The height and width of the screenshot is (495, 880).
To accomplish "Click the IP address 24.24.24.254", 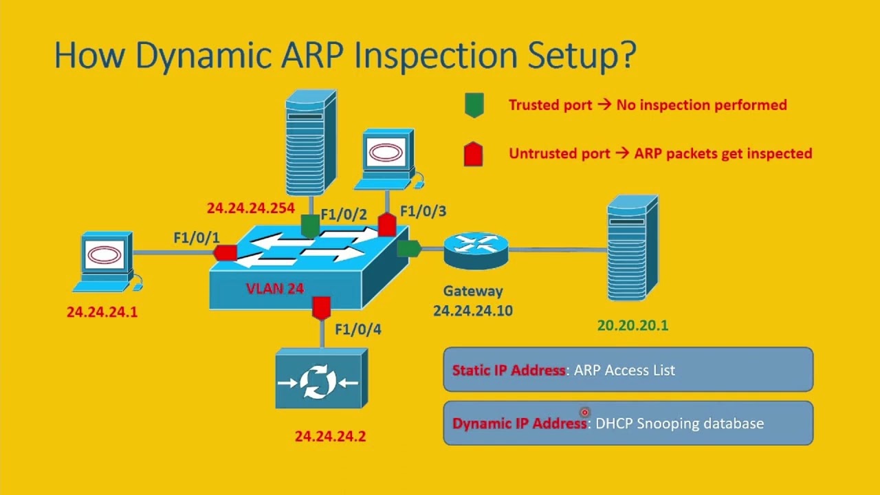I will pyautogui.click(x=250, y=208).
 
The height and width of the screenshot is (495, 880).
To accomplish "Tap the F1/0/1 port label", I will pyautogui.click(x=197, y=238).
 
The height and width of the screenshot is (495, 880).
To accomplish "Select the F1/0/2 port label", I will pyautogui.click(x=344, y=214).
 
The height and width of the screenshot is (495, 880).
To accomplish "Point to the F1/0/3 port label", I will pyautogui.click(x=423, y=211).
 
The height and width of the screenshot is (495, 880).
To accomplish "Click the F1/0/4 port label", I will pyautogui.click(x=357, y=329).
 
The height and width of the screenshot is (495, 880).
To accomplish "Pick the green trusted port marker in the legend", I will pyautogui.click(x=474, y=105).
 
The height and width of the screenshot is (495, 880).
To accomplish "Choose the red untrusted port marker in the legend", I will pyautogui.click(x=474, y=153).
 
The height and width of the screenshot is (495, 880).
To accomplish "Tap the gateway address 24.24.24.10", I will pyautogui.click(x=472, y=311).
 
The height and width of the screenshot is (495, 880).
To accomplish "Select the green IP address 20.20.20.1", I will pyautogui.click(x=632, y=326).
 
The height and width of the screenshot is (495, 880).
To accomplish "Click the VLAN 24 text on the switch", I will pyautogui.click(x=275, y=289).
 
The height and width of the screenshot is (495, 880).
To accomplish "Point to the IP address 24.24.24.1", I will pyautogui.click(x=102, y=312).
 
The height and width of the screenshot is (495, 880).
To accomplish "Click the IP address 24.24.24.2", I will pyautogui.click(x=330, y=437).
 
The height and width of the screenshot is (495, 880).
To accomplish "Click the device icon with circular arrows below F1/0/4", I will pyautogui.click(x=321, y=379).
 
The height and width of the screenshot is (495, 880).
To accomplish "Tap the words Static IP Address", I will pyautogui.click(x=509, y=370).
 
